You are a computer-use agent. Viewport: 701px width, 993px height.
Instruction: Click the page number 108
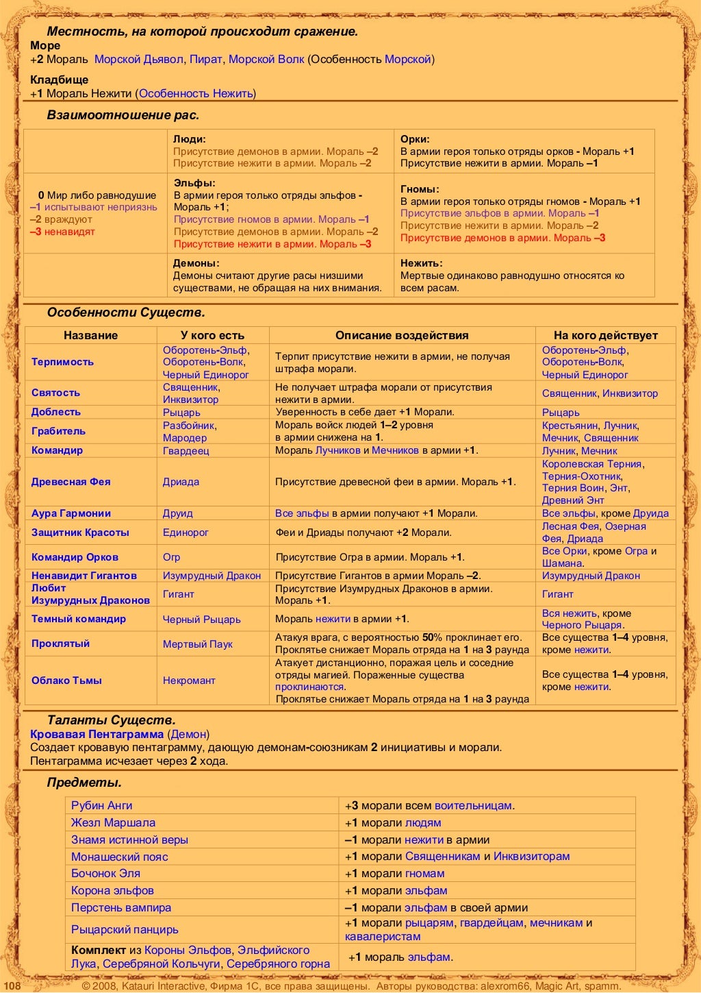[x=13, y=986]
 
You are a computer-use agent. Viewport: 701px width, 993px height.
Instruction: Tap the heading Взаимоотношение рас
[x=123, y=115]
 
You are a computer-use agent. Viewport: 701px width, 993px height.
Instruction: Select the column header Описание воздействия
[x=402, y=335]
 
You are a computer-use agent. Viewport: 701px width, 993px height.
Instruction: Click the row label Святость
[x=55, y=393]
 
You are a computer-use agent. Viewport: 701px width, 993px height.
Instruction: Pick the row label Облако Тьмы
[x=66, y=681]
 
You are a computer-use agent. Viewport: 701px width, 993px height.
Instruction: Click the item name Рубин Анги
[x=102, y=805]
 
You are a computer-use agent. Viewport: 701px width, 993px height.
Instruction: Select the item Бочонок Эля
[x=105, y=873]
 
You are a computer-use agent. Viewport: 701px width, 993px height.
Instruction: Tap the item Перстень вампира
[x=121, y=907]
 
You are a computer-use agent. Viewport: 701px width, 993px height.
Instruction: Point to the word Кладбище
[x=59, y=79]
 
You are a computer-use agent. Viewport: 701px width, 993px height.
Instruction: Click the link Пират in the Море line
[x=205, y=59]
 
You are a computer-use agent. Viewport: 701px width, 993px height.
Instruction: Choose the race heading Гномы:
[x=420, y=189]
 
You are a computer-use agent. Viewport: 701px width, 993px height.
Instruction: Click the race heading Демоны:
[x=196, y=263]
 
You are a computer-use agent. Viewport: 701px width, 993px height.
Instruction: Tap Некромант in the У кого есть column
[x=189, y=681]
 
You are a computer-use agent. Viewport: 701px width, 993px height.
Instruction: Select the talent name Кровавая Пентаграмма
[x=97, y=734]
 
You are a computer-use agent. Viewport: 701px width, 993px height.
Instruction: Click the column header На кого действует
[x=605, y=335]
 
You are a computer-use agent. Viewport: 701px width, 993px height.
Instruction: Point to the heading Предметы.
[x=84, y=783]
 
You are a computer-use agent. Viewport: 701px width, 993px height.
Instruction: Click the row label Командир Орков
[x=75, y=557]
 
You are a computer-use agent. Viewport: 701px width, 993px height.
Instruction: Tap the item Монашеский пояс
[x=119, y=857]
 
